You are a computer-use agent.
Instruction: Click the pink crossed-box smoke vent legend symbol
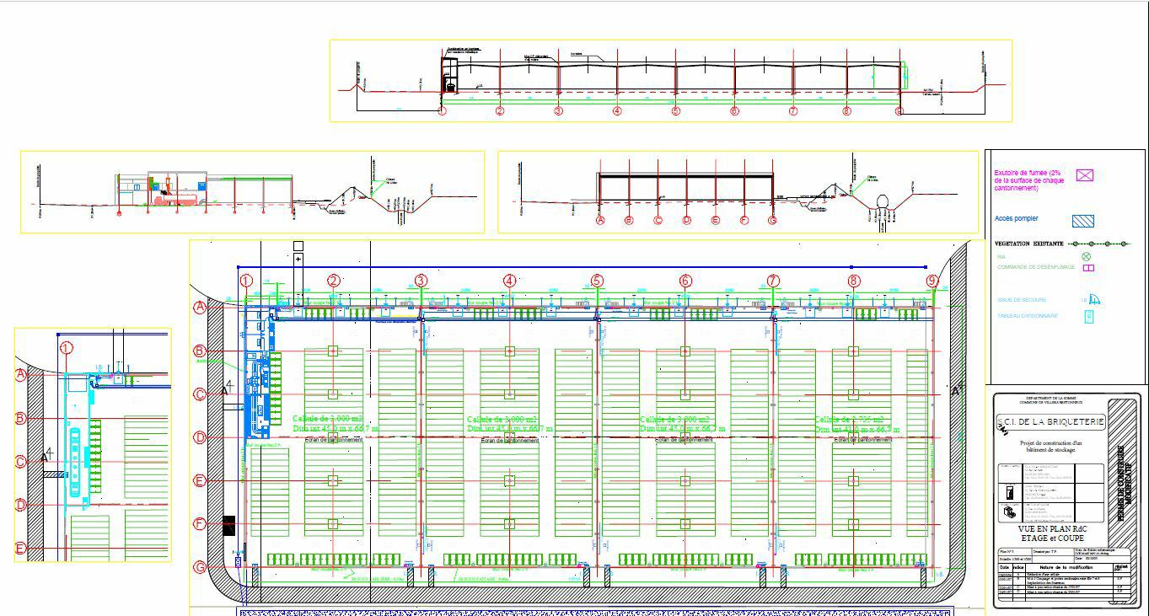(1085, 175)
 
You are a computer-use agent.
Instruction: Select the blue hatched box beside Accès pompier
(1083, 221)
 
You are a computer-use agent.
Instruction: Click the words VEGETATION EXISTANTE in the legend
(1028, 244)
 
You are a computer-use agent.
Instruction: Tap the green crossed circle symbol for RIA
(1086, 257)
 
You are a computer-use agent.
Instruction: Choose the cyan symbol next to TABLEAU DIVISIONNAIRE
(1088, 317)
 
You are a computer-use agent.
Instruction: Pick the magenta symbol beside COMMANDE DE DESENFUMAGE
(1088, 268)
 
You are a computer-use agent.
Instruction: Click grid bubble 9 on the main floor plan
(932, 281)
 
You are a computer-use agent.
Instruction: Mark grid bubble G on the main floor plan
(200, 567)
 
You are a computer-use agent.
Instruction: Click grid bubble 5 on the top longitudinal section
(675, 111)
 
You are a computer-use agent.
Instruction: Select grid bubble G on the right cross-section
(772, 221)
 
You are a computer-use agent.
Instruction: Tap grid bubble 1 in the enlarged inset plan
(67, 348)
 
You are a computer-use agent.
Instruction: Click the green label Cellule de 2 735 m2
(850, 419)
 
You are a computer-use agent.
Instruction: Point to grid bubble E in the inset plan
(21, 549)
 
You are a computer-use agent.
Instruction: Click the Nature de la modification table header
(1064, 567)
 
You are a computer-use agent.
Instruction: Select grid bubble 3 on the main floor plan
(421, 281)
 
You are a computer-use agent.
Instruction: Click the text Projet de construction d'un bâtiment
(1050, 446)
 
